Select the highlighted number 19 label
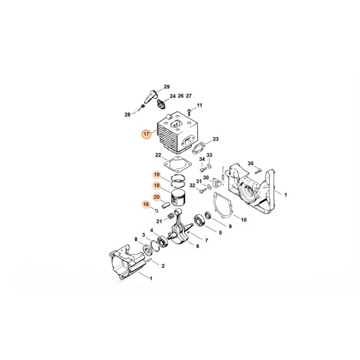tap(156, 174)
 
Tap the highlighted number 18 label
tap(156, 186)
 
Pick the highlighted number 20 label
tap(156, 197)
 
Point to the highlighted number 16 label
tap(145, 205)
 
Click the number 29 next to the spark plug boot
tap(166, 87)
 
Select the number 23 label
tap(215, 139)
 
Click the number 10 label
tap(243, 220)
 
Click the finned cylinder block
tap(176, 131)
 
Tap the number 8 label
tap(135, 240)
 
